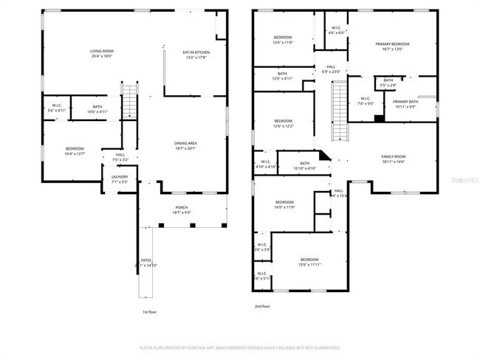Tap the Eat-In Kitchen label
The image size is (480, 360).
click(196, 53)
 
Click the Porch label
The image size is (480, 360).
click(182, 210)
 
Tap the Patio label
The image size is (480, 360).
click(146, 262)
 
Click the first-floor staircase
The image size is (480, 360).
click(130, 101)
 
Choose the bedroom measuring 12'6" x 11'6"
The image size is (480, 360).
click(284, 40)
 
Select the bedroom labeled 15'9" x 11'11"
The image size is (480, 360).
click(309, 261)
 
